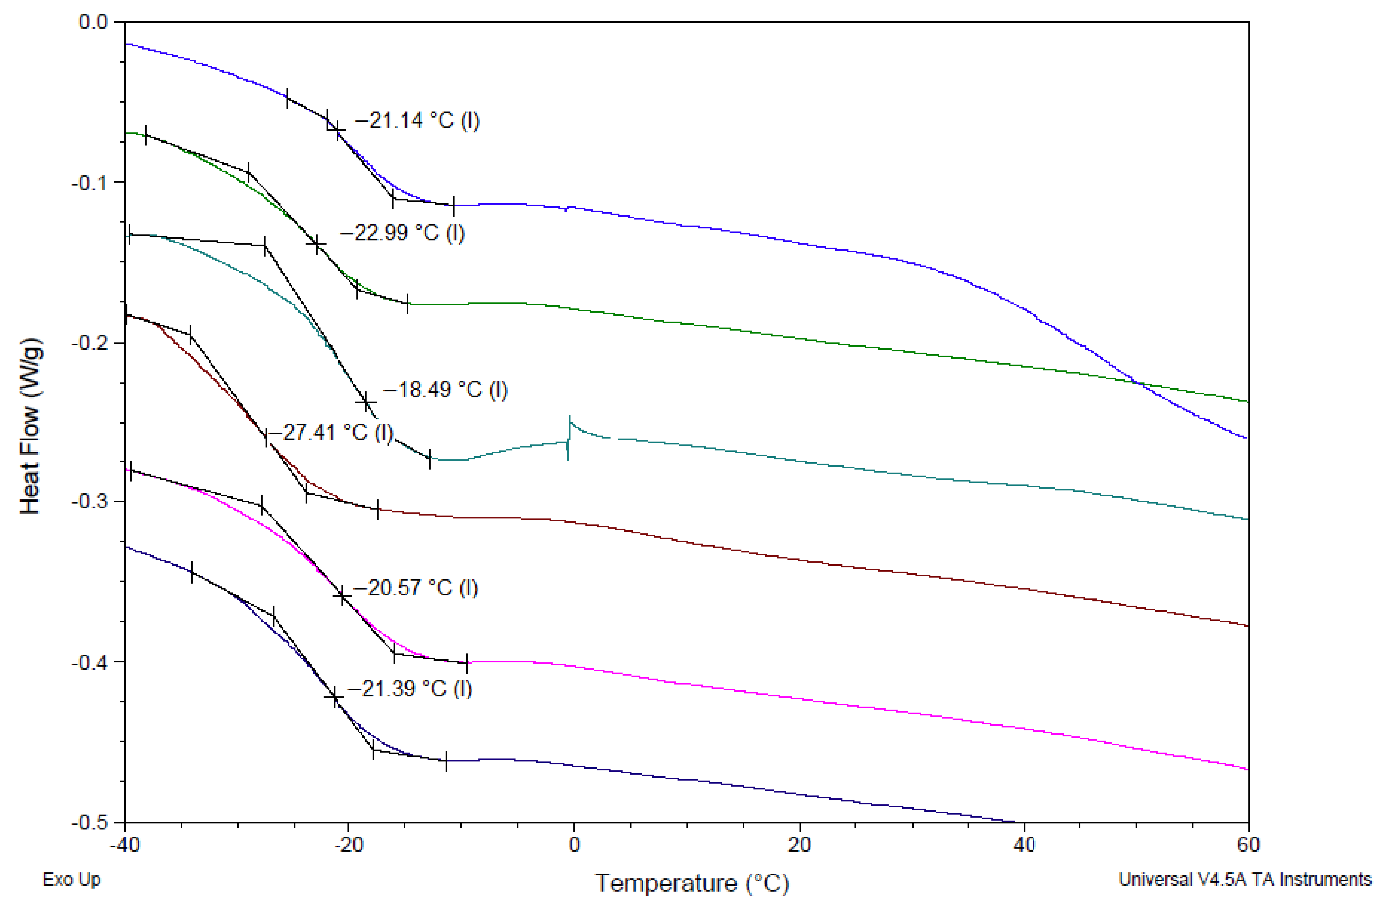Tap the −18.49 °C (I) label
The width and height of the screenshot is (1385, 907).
(445, 389)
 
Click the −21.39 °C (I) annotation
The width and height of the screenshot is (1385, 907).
(410, 689)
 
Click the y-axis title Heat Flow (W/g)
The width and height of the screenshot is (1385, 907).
(30, 426)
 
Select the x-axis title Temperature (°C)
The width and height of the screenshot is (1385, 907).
(691, 883)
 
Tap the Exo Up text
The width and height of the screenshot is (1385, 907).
(71, 879)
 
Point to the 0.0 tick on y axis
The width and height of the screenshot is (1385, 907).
(93, 22)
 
